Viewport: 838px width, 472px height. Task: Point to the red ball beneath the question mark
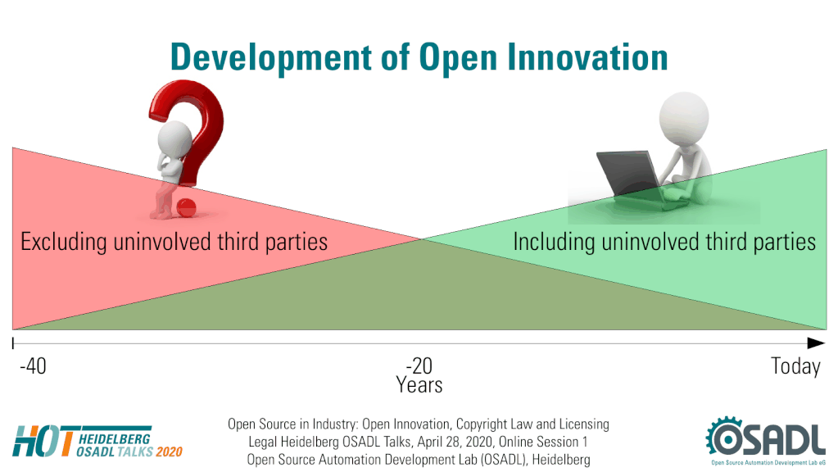point(186,208)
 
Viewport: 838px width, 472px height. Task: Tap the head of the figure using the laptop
point(683,118)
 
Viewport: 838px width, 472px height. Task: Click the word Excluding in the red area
point(64,243)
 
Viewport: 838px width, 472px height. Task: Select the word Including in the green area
point(554,242)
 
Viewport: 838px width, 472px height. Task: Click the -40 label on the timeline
point(33,366)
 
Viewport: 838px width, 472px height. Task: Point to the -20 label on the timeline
point(419,366)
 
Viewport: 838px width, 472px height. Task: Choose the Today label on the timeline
point(795,366)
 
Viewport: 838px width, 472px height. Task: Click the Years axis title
point(419,385)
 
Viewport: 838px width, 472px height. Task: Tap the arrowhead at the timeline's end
point(816,343)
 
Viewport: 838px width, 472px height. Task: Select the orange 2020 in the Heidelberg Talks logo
point(170,452)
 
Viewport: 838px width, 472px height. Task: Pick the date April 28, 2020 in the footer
point(455,442)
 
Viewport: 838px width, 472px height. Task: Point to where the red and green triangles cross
point(422,239)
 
